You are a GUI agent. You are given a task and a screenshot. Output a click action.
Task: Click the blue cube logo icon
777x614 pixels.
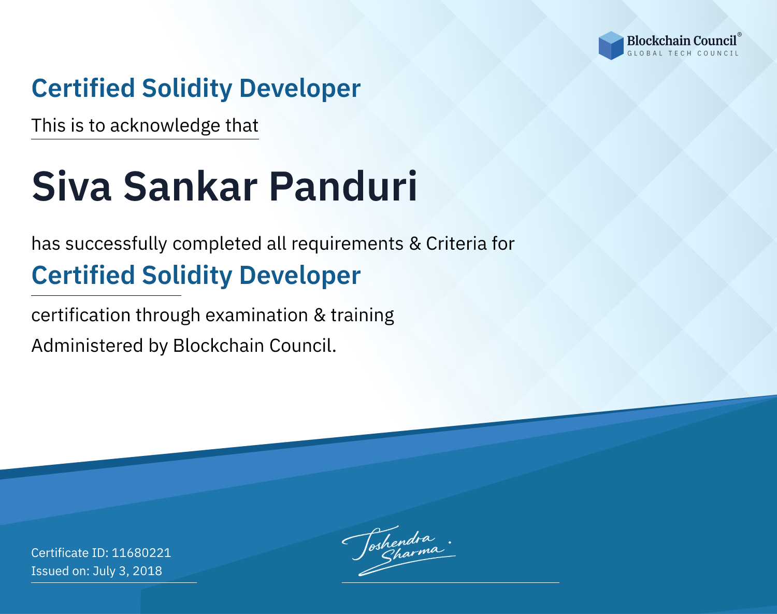611,46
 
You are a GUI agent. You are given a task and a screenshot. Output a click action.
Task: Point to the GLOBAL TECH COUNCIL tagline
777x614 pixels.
683,53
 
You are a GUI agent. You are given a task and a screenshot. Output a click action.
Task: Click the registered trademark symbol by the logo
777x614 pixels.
739,35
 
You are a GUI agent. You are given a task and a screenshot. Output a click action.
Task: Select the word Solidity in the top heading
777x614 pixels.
187,89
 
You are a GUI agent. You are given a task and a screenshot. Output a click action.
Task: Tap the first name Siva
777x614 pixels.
71,187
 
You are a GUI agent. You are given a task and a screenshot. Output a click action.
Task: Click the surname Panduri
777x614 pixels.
343,187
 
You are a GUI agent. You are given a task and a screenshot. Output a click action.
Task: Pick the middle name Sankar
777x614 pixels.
190,187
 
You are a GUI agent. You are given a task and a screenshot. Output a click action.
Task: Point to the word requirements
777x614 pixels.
347,244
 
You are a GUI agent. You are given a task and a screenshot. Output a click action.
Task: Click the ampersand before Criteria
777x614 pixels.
415,244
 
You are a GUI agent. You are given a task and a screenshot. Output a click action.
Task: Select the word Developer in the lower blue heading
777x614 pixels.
300,276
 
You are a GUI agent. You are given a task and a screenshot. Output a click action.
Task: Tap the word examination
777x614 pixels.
256,315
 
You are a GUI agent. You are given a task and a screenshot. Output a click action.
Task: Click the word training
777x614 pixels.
362,316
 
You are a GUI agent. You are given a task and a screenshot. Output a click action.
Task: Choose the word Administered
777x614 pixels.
87,346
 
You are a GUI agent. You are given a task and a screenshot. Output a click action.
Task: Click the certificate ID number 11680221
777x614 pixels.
141,552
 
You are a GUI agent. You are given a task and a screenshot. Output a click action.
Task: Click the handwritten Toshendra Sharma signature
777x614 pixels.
398,550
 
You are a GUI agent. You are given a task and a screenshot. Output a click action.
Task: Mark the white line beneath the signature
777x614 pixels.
450,582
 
